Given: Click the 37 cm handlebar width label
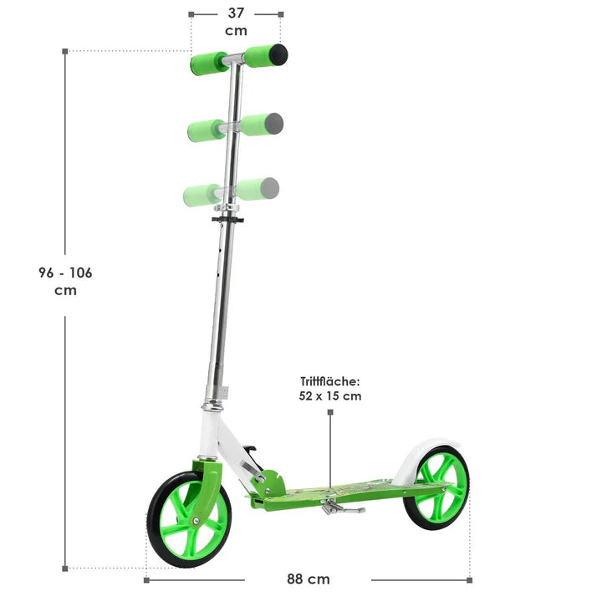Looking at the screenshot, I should pos(236,21).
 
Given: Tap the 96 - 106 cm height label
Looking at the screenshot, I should pos(65,281).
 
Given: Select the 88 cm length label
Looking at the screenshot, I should pos(308,579).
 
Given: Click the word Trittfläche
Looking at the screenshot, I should pos(330,381).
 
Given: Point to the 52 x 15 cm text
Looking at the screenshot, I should pos(330,396).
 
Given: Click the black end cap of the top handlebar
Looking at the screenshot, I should pos(278,55).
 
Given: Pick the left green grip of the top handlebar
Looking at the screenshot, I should pos(209,63).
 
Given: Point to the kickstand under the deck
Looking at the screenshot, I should pos(343,507).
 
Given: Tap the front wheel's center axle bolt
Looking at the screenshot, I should pos(196,521).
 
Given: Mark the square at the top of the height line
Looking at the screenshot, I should pos(65,51).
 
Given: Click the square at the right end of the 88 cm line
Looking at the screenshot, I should pos(469,579).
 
